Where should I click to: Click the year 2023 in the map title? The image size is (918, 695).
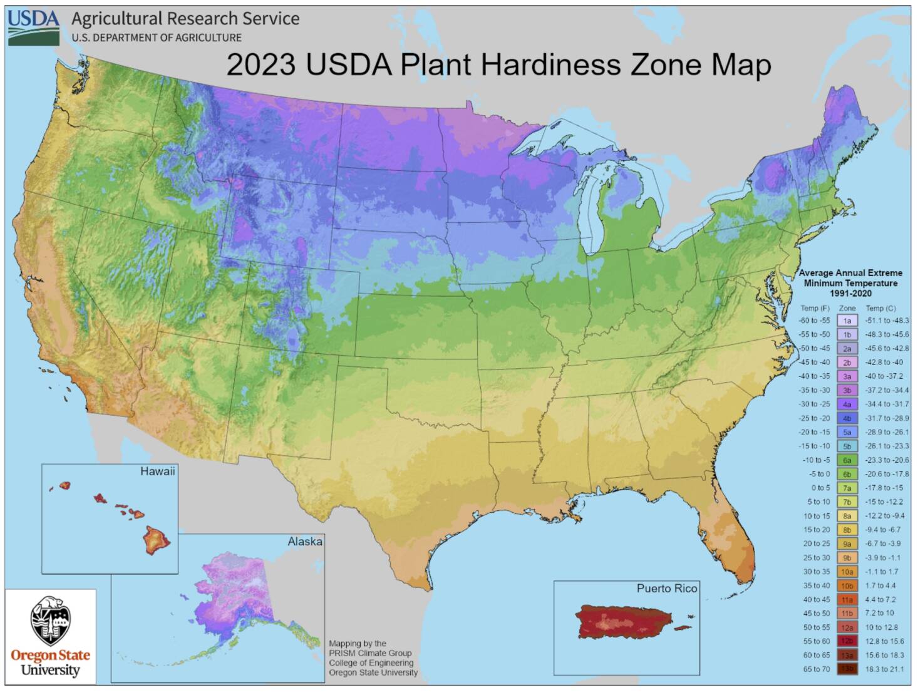pos(260,65)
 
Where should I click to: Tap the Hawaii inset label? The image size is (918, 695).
pos(157,471)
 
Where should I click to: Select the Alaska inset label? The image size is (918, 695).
pos(304,542)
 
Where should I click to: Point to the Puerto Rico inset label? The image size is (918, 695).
pos(666,589)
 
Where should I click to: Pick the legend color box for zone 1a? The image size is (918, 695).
pos(847,321)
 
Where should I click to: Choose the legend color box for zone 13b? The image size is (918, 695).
pos(847,669)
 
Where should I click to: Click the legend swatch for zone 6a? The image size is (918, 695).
pos(847,460)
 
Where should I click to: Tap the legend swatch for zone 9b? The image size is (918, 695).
pos(847,558)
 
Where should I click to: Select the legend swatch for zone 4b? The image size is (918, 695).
pos(847,418)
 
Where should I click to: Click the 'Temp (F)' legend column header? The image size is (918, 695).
pos(815,308)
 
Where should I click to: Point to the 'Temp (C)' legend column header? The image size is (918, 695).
pos(880,308)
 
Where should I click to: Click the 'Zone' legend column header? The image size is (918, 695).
pos(847,308)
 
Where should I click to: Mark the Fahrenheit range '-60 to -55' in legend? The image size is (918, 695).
pos(815,321)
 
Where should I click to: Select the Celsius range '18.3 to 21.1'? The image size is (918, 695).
pos(884,669)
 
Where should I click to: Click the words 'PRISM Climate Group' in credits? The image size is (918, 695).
pos(370,653)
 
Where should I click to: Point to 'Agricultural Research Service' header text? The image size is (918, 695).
pos(185,19)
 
